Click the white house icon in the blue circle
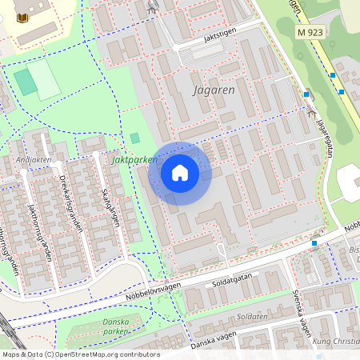tap(180, 173)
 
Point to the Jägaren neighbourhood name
tap(214, 90)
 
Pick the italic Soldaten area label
tap(252, 317)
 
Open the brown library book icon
tap(22, 17)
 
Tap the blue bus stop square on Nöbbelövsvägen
tap(314, 243)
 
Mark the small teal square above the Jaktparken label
tap(134, 138)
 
